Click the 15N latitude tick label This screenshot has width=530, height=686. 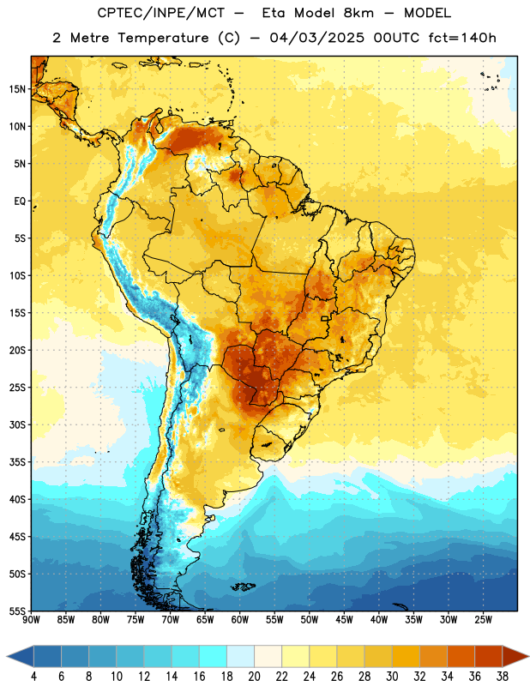coord(17,89)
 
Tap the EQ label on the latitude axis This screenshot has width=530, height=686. coord(20,202)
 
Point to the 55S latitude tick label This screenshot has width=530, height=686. coord(17,611)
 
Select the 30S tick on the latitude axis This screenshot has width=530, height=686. coord(17,424)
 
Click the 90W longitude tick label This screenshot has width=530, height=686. coord(31,620)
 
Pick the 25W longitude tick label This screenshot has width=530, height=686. coord(483,620)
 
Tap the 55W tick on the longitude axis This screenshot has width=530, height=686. coord(274,620)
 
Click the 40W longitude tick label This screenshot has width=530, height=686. coord(379,620)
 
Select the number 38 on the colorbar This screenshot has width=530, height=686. coord(502,677)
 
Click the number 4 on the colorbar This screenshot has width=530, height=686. coord(33,677)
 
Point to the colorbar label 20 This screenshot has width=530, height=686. coord(254,677)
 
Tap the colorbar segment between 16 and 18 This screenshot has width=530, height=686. coord(214,656)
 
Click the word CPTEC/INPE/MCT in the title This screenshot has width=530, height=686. coord(161,13)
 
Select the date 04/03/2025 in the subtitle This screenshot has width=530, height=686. coord(316,38)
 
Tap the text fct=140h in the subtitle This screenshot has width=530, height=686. coord(462,38)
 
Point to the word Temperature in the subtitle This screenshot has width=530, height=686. coord(163,39)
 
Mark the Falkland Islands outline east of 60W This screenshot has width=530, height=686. coord(244,587)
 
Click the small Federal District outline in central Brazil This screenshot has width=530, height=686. coord(325,318)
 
